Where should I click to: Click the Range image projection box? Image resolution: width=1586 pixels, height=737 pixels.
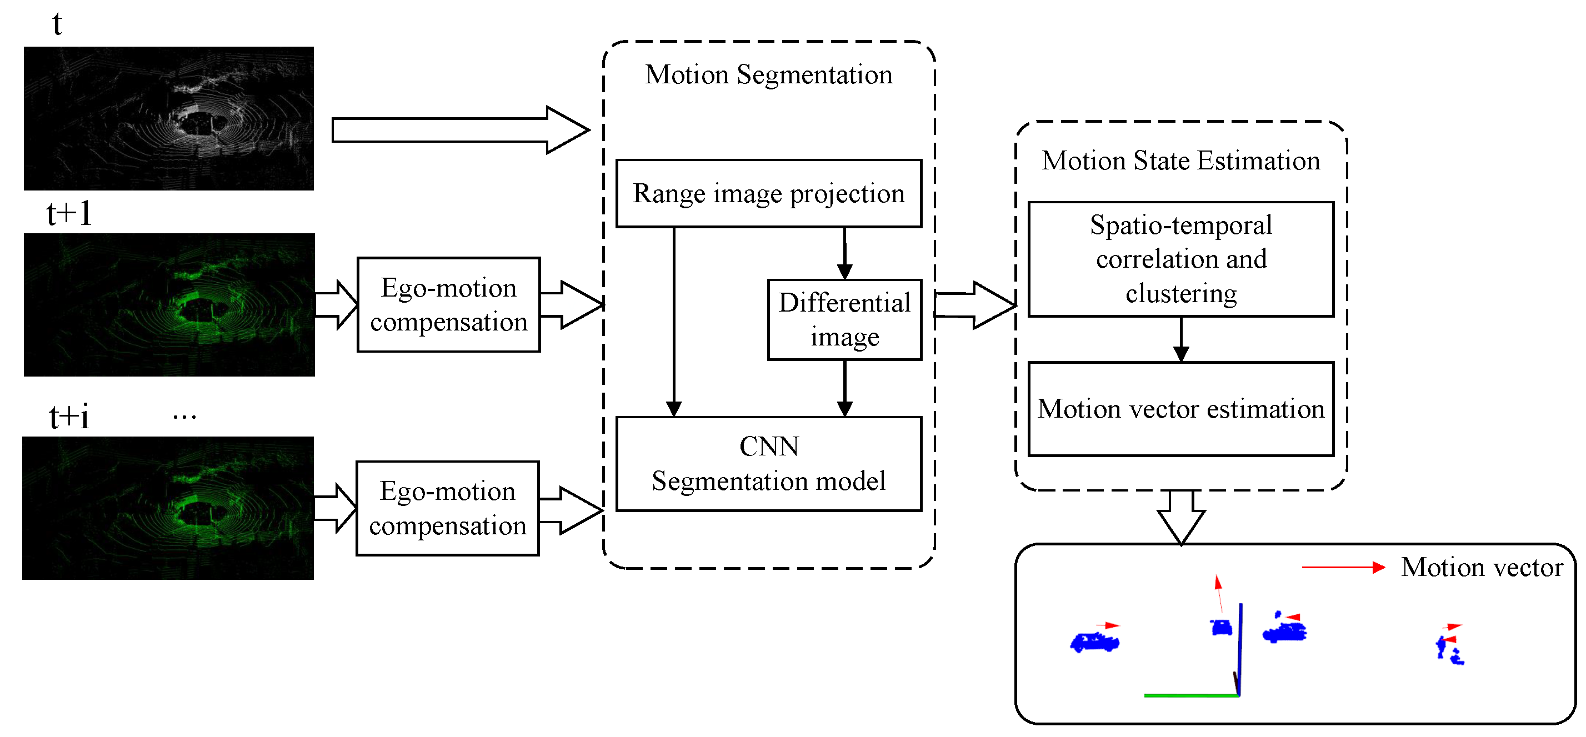(x=768, y=193)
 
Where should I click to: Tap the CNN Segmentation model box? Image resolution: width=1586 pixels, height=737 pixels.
(x=768, y=464)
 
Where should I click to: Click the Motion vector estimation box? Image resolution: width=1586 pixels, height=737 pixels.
(x=1180, y=409)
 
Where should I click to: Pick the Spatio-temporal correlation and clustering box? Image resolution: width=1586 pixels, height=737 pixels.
(x=1180, y=259)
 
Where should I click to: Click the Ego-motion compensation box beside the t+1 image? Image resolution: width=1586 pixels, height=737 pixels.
(x=448, y=305)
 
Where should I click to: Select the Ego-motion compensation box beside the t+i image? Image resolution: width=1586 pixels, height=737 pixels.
(x=447, y=508)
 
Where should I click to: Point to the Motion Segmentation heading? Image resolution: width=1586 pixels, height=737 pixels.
(x=768, y=74)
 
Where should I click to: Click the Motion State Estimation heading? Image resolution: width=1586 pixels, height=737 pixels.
(x=1180, y=161)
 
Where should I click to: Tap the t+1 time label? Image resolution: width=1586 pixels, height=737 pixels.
(x=69, y=214)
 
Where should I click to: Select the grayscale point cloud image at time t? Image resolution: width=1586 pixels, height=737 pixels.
(x=169, y=118)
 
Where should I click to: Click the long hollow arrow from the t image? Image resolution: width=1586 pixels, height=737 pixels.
(x=459, y=130)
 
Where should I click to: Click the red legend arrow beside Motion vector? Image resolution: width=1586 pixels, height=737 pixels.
(x=1342, y=567)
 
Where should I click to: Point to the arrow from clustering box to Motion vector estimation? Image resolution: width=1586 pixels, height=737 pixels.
(x=1180, y=339)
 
